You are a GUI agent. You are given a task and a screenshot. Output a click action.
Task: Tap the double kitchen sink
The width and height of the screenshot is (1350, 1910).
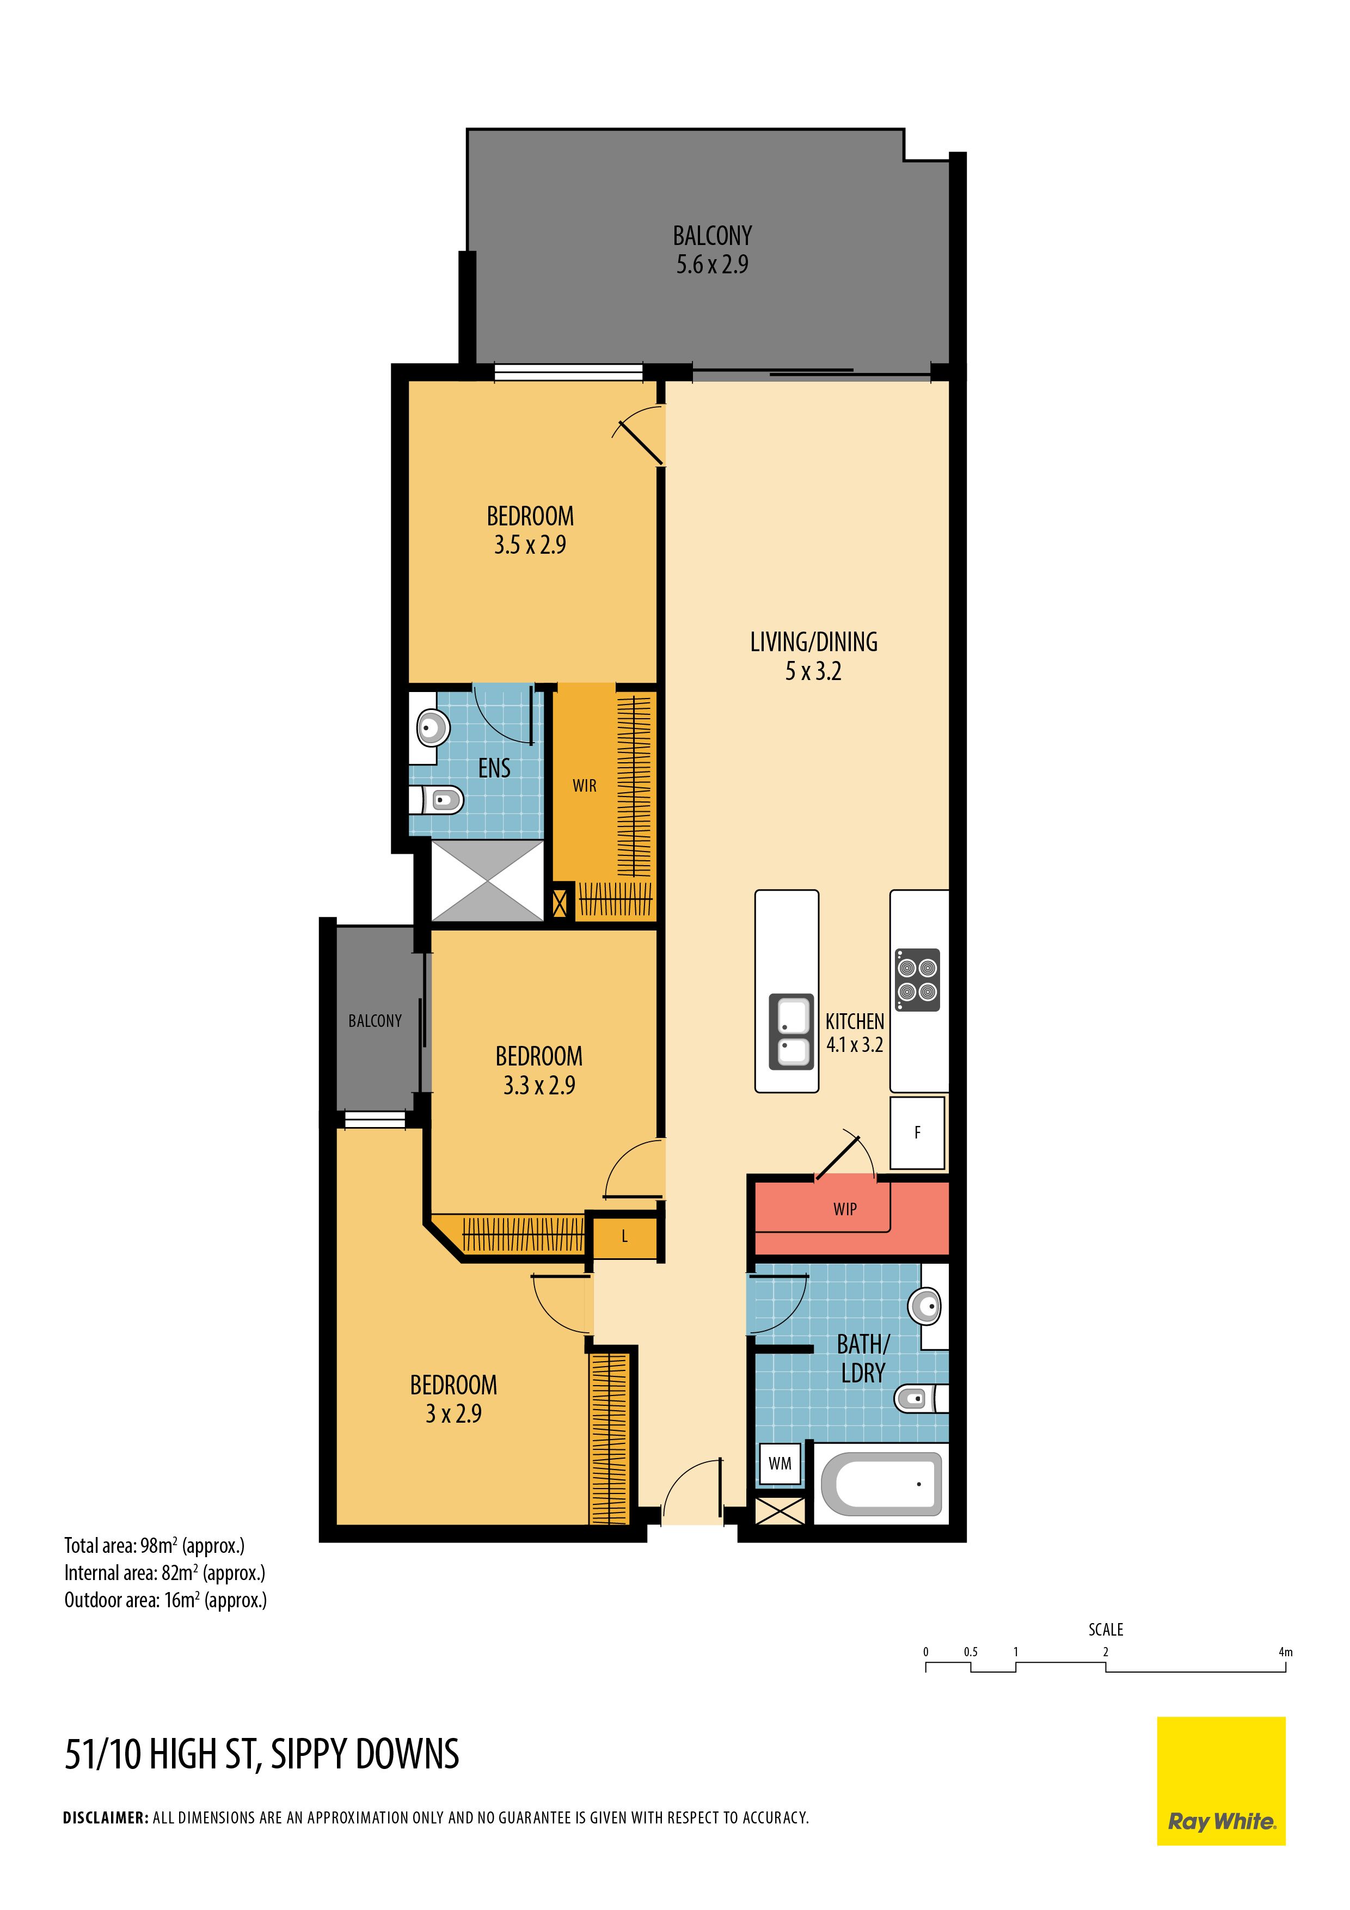pos(791,1031)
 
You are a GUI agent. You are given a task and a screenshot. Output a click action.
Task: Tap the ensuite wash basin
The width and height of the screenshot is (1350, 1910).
pos(429,728)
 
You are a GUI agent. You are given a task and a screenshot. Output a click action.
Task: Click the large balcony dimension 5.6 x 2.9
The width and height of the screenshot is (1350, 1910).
pos(712,265)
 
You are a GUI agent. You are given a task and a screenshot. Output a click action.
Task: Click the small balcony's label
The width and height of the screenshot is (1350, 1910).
pos(375,1021)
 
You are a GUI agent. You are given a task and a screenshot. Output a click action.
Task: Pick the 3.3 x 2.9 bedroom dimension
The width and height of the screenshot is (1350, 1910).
pos(539,1085)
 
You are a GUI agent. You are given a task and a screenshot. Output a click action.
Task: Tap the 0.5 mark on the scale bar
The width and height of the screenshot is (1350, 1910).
pos(971,1651)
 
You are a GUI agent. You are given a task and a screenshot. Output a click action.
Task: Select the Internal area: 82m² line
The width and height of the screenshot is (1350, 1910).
pos(165,1572)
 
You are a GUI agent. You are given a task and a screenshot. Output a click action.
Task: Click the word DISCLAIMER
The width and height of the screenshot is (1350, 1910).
pos(106,1817)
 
